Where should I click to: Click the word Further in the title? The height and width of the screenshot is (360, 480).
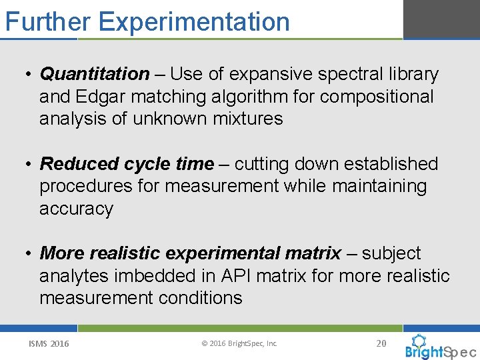48,21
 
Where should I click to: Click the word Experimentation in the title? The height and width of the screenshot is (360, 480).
194,22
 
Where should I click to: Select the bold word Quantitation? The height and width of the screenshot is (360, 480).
95,74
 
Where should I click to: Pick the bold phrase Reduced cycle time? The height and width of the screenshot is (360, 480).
127,164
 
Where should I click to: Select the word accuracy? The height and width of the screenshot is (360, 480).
76,209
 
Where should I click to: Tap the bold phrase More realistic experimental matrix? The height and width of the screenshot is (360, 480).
190,253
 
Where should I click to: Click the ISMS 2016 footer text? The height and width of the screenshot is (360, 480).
48,344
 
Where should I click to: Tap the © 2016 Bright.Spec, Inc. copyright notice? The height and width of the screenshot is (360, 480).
239,344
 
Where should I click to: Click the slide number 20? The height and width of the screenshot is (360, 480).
381,343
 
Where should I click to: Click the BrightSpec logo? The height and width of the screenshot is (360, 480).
440,347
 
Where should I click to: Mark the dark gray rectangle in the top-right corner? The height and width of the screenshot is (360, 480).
441,19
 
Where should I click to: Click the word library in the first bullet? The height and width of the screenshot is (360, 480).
409,74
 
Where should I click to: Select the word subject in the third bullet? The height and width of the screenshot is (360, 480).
391,253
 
